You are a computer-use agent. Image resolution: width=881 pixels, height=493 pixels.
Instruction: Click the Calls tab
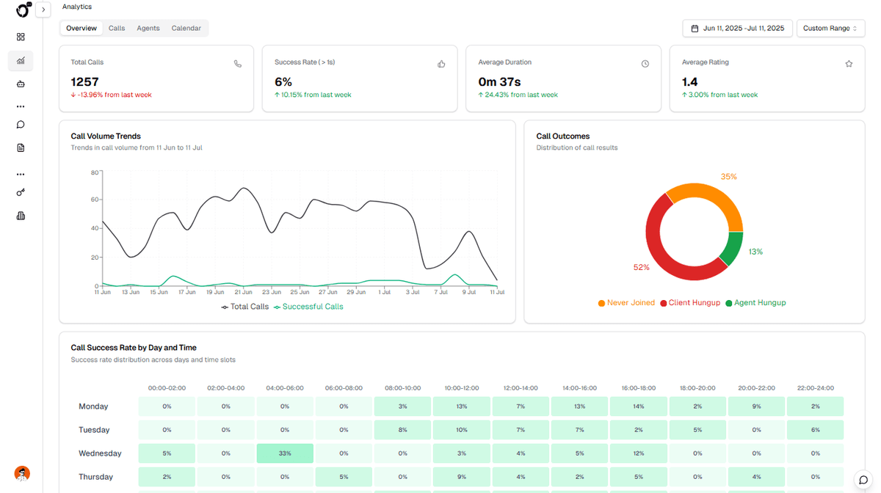117,28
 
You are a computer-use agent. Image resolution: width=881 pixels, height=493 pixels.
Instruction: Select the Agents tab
148,28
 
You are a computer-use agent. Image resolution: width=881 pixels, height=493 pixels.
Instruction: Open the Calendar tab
186,28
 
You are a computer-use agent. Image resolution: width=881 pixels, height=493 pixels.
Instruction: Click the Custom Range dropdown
830,29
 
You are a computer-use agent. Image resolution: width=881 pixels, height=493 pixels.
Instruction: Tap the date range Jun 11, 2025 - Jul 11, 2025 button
737,29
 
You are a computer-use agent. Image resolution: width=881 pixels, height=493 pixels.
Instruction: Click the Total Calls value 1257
84,82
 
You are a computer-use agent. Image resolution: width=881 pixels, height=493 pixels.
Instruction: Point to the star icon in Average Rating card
849,64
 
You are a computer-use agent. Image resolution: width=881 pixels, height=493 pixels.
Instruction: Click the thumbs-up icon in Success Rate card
441,64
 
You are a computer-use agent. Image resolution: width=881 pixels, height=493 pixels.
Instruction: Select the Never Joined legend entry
626,303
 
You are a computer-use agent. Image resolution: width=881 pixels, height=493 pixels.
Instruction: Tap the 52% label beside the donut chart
641,267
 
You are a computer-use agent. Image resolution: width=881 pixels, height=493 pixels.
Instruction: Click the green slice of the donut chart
731,249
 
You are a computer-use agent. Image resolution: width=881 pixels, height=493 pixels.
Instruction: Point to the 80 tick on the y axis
95,172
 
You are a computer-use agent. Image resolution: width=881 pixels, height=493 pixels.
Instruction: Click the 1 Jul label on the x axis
384,292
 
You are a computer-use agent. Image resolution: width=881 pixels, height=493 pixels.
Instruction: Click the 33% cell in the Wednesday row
285,453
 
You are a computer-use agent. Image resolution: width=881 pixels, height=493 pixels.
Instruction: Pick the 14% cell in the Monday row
638,406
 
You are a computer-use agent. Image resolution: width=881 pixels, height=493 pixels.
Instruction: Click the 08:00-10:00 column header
402,388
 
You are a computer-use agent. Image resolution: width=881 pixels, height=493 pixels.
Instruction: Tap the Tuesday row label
94,430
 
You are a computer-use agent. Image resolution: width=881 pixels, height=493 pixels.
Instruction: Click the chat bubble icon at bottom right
863,480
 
